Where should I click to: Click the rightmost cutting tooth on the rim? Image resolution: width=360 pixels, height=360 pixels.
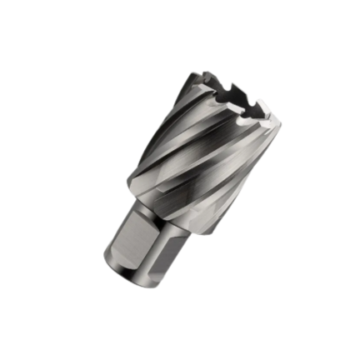(268, 116)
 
